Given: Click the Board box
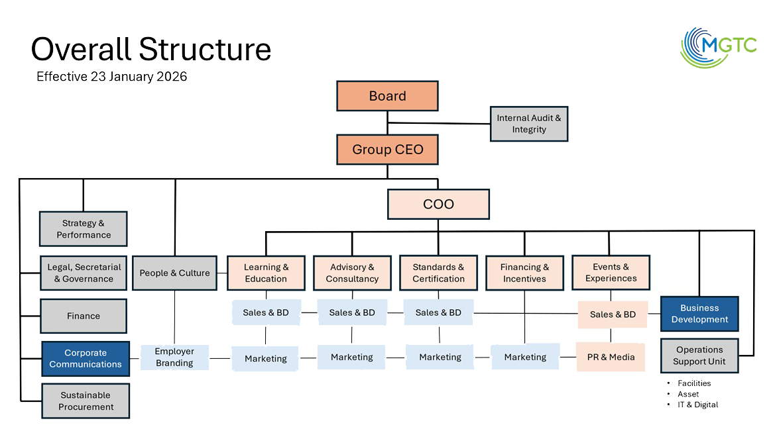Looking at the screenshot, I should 387,96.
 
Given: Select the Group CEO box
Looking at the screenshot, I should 387,149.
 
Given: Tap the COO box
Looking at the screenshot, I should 438,204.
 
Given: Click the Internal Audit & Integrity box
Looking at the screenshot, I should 528,124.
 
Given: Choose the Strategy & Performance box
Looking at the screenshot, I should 84,229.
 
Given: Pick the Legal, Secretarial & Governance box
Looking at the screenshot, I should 84,273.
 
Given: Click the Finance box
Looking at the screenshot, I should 84,316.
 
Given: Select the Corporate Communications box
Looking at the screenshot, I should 86,358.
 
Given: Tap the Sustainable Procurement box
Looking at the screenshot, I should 86,401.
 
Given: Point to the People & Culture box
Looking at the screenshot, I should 174,273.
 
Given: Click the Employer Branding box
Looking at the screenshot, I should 174,358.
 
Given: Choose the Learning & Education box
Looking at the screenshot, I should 266,273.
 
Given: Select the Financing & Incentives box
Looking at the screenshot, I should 524,273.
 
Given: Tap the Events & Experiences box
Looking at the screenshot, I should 611,272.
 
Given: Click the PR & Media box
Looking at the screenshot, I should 611,357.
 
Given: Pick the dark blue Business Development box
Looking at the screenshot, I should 699,314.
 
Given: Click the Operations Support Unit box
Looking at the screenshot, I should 699,356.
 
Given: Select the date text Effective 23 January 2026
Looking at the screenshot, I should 111,77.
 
